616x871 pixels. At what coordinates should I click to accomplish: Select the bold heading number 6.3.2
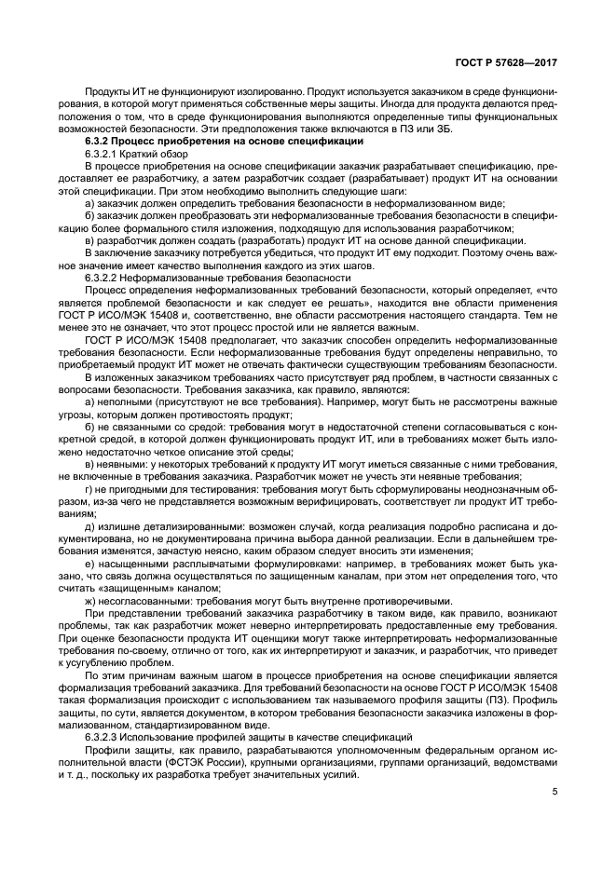click(98, 142)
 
